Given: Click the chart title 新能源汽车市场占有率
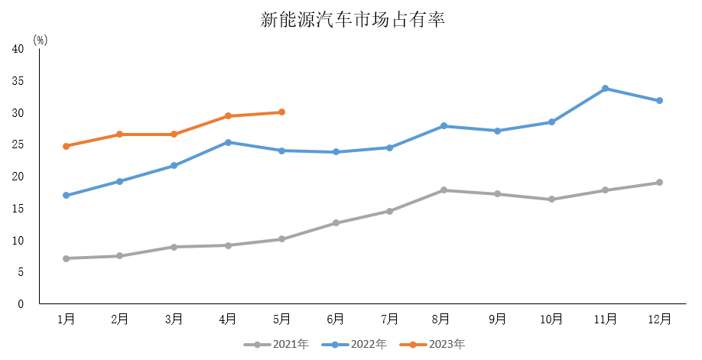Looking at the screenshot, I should click(352, 20).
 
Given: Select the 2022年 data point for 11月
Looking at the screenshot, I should click(605, 89).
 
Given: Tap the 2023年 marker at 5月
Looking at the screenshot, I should click(281, 112).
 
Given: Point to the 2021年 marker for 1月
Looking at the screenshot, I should click(66, 258).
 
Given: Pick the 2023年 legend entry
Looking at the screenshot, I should click(437, 345).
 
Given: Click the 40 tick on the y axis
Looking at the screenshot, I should click(18, 49).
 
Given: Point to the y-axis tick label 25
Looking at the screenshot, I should click(18, 144).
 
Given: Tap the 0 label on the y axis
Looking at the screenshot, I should click(21, 304).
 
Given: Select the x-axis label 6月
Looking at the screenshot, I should click(335, 319).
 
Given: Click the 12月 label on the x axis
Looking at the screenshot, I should click(659, 319).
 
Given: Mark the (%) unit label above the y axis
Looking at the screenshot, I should click(41, 41).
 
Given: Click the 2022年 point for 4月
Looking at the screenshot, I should click(228, 142).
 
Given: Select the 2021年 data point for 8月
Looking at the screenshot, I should click(444, 190).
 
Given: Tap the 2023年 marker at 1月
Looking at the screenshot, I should click(66, 146).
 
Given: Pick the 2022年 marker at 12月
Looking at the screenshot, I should click(659, 101).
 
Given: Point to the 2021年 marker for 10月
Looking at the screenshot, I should click(551, 199).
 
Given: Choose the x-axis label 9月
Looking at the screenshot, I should click(497, 319).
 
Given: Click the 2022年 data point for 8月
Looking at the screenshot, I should click(444, 126).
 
